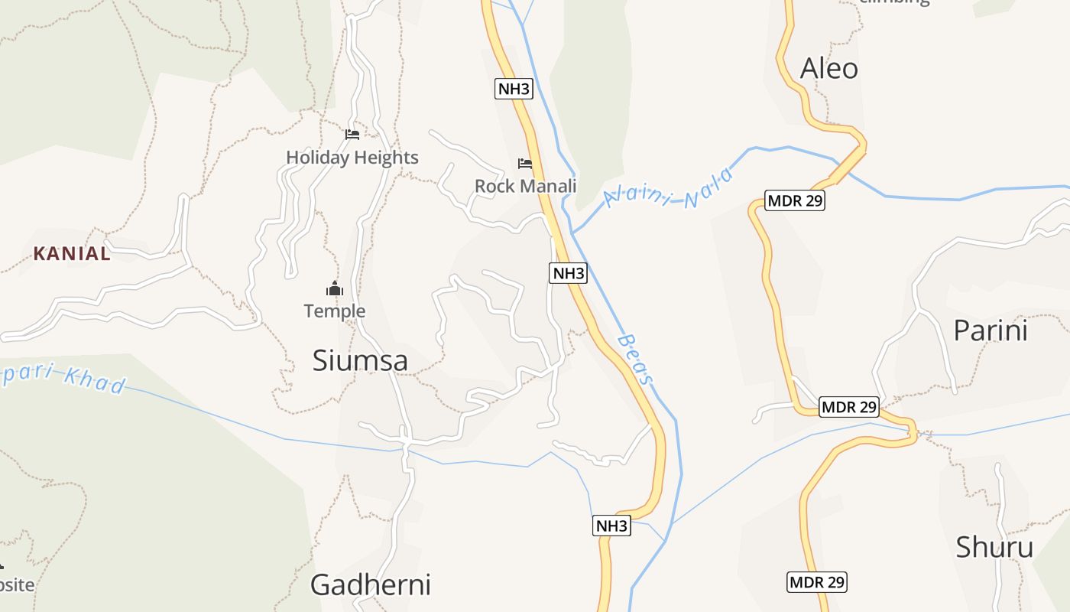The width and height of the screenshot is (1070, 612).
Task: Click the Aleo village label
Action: coord(828,69)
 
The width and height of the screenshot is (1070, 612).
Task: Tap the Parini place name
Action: coord(991,330)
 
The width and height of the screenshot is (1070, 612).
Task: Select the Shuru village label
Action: coord(994,547)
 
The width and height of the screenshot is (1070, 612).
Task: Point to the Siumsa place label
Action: coord(360,361)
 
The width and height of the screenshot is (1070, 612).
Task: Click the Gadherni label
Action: coord(370,584)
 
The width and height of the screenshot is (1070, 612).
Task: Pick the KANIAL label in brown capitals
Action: coord(72,254)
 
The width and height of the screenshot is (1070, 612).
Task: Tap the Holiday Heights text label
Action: coord(352,158)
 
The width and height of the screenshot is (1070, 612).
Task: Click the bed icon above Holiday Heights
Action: coord(352,134)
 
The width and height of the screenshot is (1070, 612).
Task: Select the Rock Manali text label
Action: coord(525,186)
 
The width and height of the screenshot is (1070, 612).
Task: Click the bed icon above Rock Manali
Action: coord(525,163)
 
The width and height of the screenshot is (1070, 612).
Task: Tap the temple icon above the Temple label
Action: coord(335,288)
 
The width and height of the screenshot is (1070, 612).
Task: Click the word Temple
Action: coord(335,311)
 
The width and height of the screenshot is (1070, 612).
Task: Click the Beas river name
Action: coord(635,359)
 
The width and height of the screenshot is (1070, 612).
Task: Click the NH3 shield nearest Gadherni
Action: coord(612,526)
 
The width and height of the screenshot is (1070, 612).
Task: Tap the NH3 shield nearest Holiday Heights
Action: coord(514,89)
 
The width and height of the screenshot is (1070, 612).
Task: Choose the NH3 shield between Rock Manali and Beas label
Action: coord(568,273)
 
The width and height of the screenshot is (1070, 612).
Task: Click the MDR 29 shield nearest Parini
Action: coord(848,407)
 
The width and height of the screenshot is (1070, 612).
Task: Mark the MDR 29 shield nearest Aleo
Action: coord(795,201)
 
